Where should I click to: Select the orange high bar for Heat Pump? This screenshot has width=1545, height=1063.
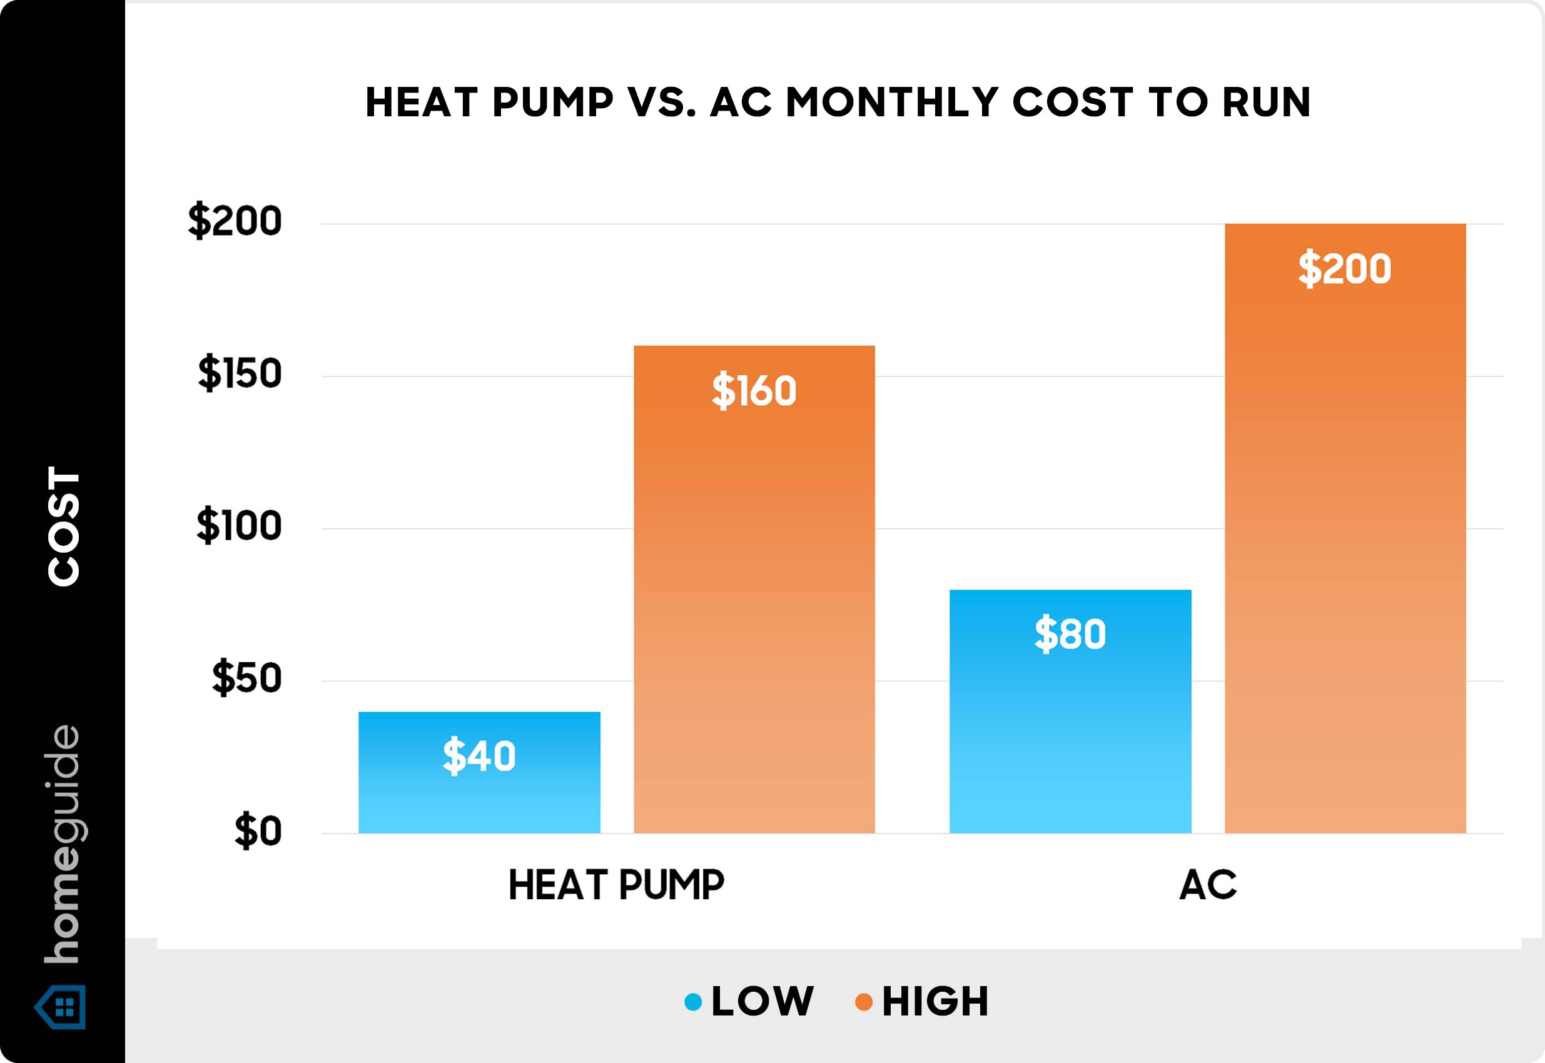click(x=754, y=600)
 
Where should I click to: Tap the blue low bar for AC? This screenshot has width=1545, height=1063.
click(x=1070, y=733)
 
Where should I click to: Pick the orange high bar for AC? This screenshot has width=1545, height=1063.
click(x=1344, y=533)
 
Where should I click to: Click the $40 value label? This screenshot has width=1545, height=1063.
click(x=479, y=756)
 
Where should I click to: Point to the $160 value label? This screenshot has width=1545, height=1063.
click(x=754, y=391)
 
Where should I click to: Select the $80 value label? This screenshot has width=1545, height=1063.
click(x=1070, y=633)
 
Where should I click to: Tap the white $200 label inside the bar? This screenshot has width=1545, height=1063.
click(x=1344, y=269)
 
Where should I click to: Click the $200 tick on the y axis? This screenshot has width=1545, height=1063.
click(x=235, y=222)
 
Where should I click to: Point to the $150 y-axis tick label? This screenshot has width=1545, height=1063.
click(x=239, y=374)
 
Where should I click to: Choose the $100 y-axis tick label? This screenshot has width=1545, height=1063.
click(x=238, y=526)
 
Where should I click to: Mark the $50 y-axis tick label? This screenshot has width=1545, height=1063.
click(x=246, y=678)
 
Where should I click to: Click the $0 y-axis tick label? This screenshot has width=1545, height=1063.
click(x=257, y=832)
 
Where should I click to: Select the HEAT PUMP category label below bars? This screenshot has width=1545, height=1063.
click(x=615, y=885)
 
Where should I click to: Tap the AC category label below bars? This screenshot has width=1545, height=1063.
click(x=1207, y=885)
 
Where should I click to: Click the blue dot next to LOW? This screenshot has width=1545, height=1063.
click(x=693, y=1002)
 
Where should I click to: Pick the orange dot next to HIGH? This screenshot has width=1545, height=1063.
click(x=863, y=1002)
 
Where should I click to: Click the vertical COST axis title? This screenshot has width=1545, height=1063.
click(x=64, y=526)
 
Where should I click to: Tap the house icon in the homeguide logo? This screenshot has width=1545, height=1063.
click(x=61, y=1006)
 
